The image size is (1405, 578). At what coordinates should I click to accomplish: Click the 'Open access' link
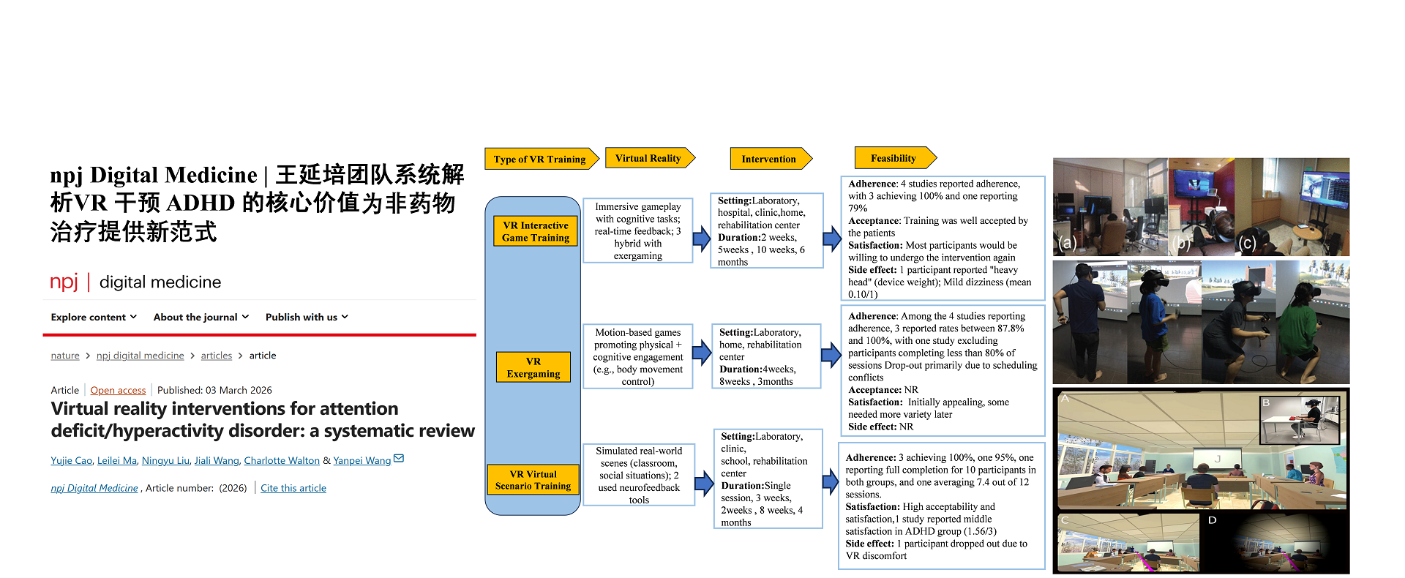click(x=118, y=391)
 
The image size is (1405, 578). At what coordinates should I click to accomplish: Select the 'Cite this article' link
click(x=293, y=489)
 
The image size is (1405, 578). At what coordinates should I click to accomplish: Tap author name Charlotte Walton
click(x=282, y=461)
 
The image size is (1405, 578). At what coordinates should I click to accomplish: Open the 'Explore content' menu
click(x=94, y=318)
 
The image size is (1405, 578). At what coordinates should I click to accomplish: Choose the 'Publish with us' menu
click(x=307, y=318)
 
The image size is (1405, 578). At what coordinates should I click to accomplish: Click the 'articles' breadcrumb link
click(x=217, y=356)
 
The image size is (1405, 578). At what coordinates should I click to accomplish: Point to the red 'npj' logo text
click(x=64, y=282)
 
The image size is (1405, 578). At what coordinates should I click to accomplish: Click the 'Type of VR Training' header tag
click(x=540, y=159)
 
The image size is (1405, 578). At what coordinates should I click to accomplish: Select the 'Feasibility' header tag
click(x=893, y=158)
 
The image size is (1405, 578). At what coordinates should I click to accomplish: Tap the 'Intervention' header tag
click(x=769, y=159)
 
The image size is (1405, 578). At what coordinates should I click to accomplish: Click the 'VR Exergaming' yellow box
click(x=533, y=367)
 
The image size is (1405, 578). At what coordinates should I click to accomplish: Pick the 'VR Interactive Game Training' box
click(x=536, y=231)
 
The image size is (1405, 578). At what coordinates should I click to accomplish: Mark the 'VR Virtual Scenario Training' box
click(x=533, y=480)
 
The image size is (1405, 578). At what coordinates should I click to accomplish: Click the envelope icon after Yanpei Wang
click(x=399, y=459)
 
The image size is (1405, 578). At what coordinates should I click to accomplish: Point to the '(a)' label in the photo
click(x=1068, y=243)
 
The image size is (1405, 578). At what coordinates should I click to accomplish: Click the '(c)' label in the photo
click(x=1247, y=243)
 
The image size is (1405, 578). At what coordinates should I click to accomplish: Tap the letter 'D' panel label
click(x=1212, y=520)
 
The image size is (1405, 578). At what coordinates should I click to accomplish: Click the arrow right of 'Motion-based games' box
click(x=702, y=353)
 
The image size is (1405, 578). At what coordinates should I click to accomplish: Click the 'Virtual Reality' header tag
click(x=648, y=158)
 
